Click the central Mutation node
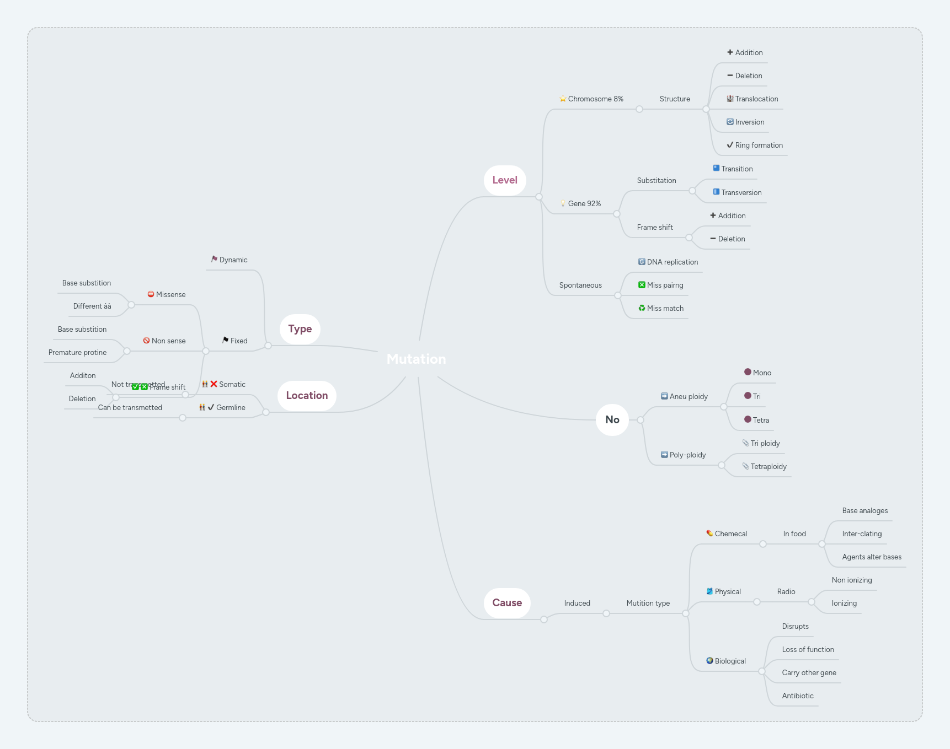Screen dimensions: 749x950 416,359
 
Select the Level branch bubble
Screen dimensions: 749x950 505,180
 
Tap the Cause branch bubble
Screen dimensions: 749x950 507,603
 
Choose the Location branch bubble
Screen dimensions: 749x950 307,396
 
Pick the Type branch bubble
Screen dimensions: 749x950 300,329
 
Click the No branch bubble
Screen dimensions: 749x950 612,420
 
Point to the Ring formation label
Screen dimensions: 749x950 759,146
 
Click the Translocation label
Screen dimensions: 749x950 756,99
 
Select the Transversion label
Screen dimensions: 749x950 741,193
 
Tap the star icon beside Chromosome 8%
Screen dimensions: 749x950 563,99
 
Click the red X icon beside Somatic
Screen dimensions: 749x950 214,384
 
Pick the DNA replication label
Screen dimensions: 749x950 672,262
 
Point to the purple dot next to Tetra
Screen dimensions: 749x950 748,419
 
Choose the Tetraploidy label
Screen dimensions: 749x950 768,467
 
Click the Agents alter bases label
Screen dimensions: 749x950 872,557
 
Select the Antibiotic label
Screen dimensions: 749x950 798,696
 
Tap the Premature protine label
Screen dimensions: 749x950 78,353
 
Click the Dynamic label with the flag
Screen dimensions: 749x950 233,260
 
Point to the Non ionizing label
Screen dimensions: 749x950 852,580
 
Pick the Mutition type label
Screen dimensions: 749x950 648,603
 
